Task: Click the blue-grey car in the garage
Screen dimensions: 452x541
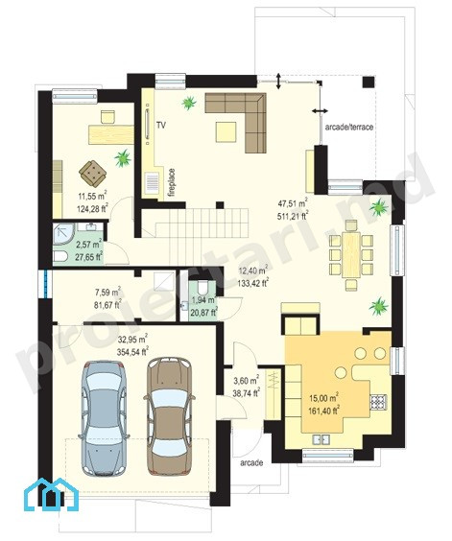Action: click(104, 418)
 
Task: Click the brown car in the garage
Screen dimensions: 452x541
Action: click(169, 415)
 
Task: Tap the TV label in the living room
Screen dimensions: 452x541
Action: click(161, 126)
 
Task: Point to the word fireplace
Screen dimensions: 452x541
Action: click(172, 183)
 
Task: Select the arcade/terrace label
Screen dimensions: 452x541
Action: click(349, 127)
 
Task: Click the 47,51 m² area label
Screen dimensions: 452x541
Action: click(292, 203)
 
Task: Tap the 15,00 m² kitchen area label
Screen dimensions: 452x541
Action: click(323, 397)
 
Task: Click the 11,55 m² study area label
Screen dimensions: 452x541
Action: click(92, 196)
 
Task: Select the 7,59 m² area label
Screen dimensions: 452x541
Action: click(107, 293)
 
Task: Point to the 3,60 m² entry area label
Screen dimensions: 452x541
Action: click(247, 381)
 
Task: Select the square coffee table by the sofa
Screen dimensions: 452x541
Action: click(226, 131)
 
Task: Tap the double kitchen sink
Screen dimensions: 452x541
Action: click(321, 439)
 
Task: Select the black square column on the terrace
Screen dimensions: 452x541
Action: click(369, 82)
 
